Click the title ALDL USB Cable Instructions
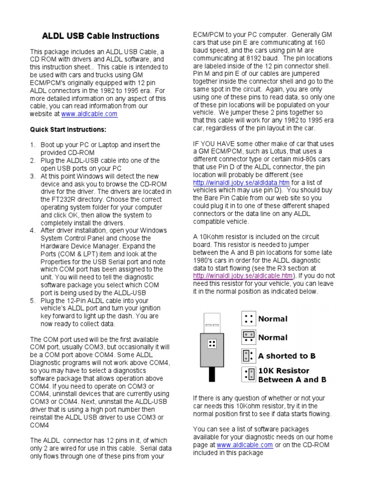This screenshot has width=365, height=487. (x=101, y=36)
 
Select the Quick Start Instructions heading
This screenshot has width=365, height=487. (x=68, y=129)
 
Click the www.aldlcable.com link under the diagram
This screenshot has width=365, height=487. (x=245, y=445)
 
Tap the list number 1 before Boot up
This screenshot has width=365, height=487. (x=33, y=145)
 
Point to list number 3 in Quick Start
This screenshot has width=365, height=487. (x=33, y=176)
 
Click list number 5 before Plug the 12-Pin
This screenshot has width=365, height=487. (x=33, y=301)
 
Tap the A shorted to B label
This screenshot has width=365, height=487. (x=287, y=356)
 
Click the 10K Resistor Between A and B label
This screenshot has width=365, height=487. (x=292, y=375)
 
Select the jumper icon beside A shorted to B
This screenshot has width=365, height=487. (x=247, y=356)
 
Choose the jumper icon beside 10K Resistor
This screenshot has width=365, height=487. (x=247, y=375)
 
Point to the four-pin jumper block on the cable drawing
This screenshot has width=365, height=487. (x=212, y=343)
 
